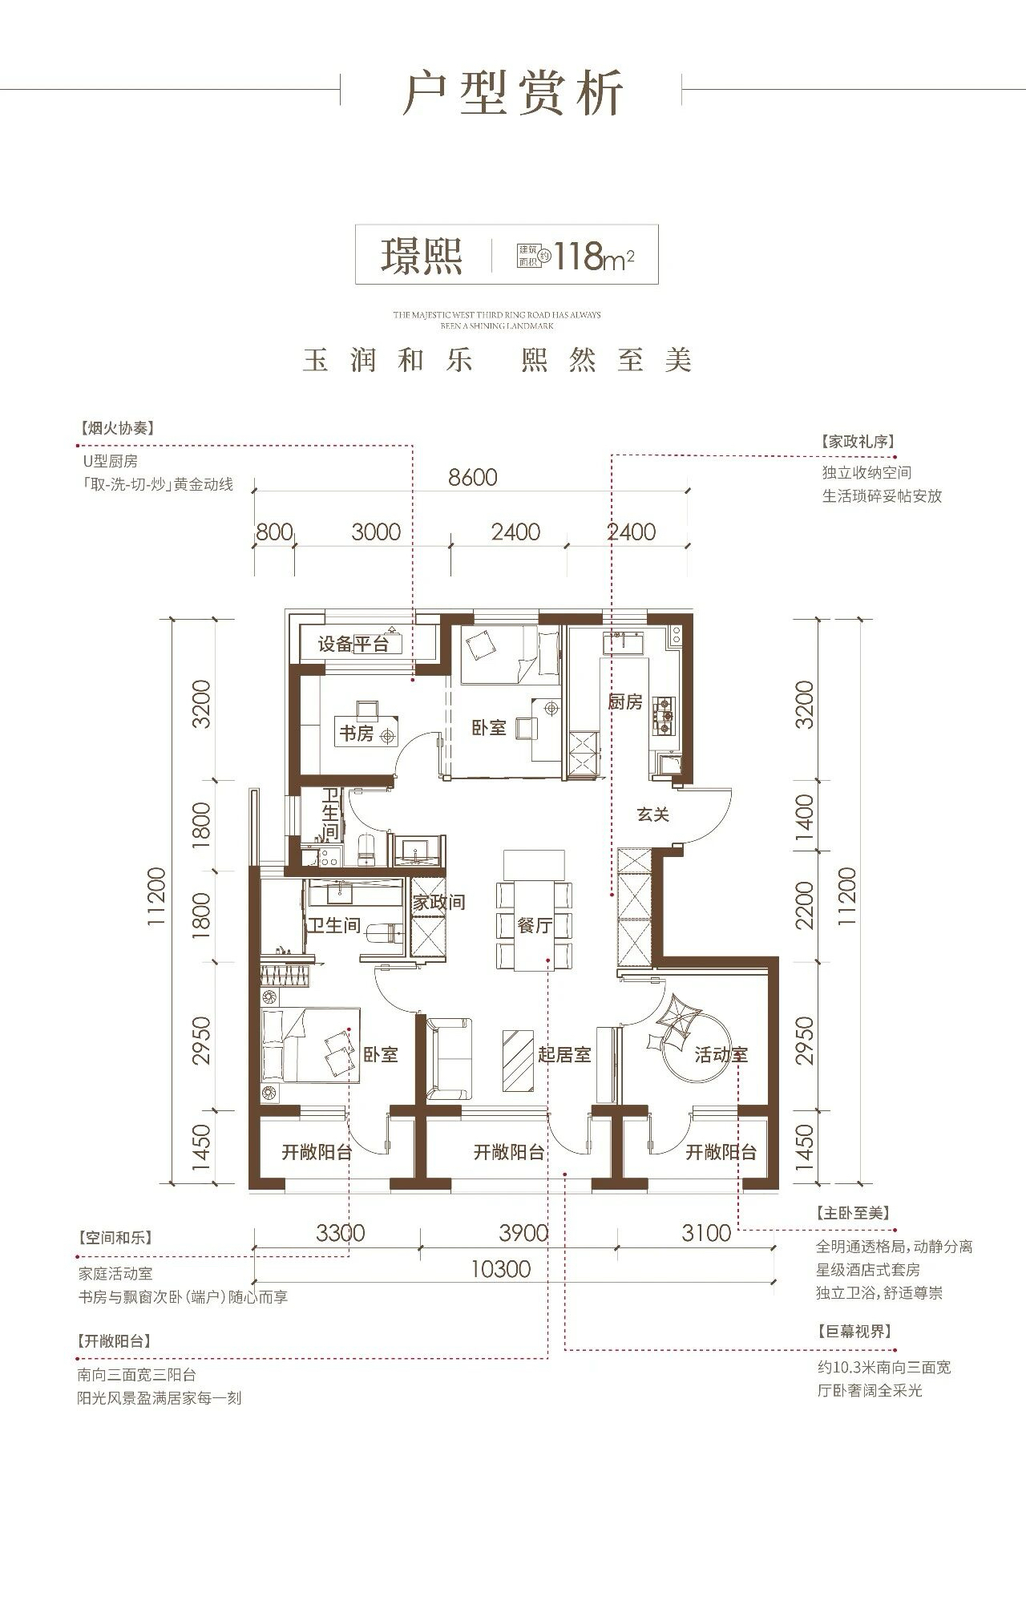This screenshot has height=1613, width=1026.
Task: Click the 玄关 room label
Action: [653, 815]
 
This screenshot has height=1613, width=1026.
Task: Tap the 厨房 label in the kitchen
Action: [625, 702]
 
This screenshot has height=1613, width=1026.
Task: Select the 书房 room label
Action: [356, 734]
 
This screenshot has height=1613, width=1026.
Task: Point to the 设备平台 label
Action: [353, 645]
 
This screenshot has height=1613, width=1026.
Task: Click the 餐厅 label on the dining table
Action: [535, 925]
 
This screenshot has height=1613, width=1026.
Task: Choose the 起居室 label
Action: [564, 1054]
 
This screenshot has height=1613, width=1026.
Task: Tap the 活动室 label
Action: [721, 1054]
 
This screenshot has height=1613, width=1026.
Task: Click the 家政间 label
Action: [439, 902]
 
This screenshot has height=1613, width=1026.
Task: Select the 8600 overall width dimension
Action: [473, 478]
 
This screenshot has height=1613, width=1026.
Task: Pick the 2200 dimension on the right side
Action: [805, 904]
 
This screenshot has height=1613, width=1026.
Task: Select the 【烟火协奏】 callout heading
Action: [117, 428]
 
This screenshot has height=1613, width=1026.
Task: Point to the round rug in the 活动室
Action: [696, 1053]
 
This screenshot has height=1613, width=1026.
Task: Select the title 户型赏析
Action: [513, 94]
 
